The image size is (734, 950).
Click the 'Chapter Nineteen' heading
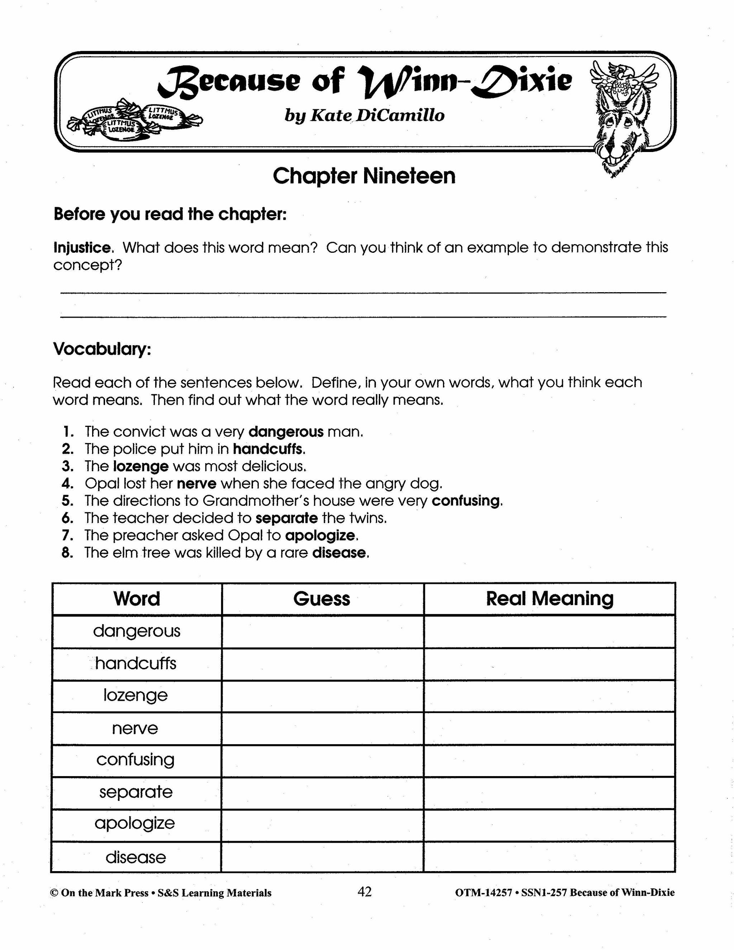(364, 176)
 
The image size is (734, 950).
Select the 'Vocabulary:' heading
(102, 349)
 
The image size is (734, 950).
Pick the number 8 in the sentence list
(67, 553)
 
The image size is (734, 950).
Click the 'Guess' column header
(321, 599)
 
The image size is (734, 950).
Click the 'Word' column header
(137, 599)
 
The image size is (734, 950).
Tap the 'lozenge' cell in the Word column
(136, 695)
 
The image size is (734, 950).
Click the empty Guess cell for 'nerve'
(322, 728)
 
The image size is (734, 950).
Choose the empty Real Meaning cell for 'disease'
(549, 857)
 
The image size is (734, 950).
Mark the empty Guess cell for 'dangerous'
(322, 631)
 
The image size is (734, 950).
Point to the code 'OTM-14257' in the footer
(483, 893)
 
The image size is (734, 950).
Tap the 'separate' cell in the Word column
(136, 792)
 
